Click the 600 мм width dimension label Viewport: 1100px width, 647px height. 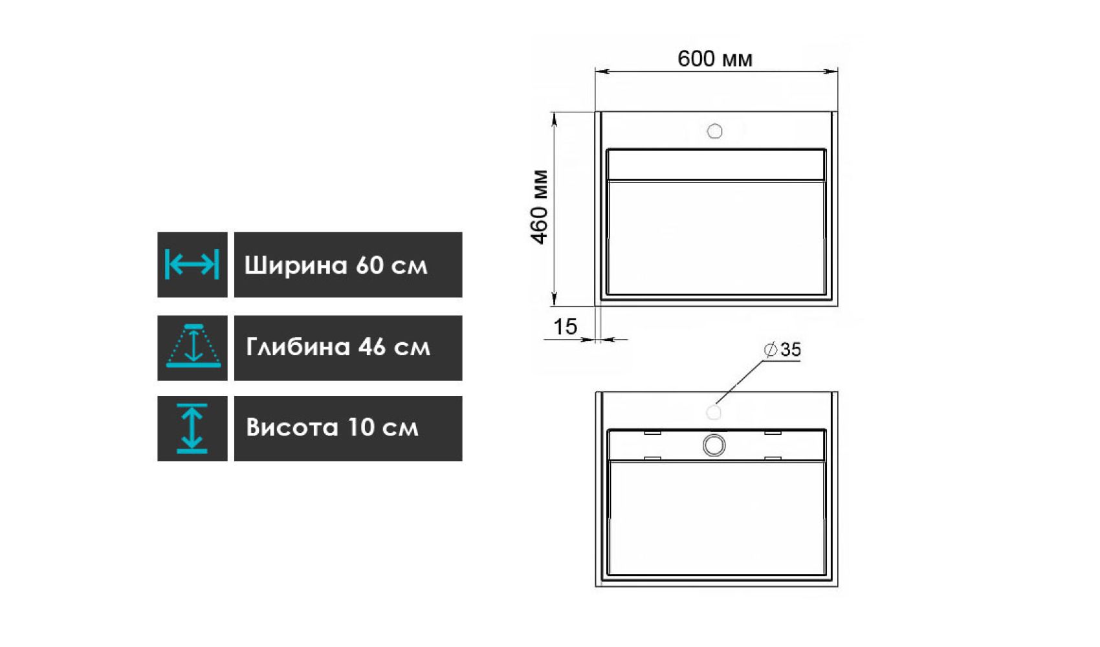(714, 59)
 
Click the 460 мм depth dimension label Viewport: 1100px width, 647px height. (540, 206)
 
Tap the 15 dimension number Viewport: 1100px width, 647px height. (566, 327)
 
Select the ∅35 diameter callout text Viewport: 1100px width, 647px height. (782, 349)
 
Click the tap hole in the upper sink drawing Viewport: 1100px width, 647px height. (714, 131)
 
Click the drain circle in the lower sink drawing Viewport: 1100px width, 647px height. (714, 445)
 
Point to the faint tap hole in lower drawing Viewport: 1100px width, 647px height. (714, 412)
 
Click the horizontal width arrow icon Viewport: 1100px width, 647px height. (192, 265)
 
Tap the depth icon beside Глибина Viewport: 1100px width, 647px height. (193, 346)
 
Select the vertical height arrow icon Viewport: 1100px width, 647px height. (192, 428)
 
